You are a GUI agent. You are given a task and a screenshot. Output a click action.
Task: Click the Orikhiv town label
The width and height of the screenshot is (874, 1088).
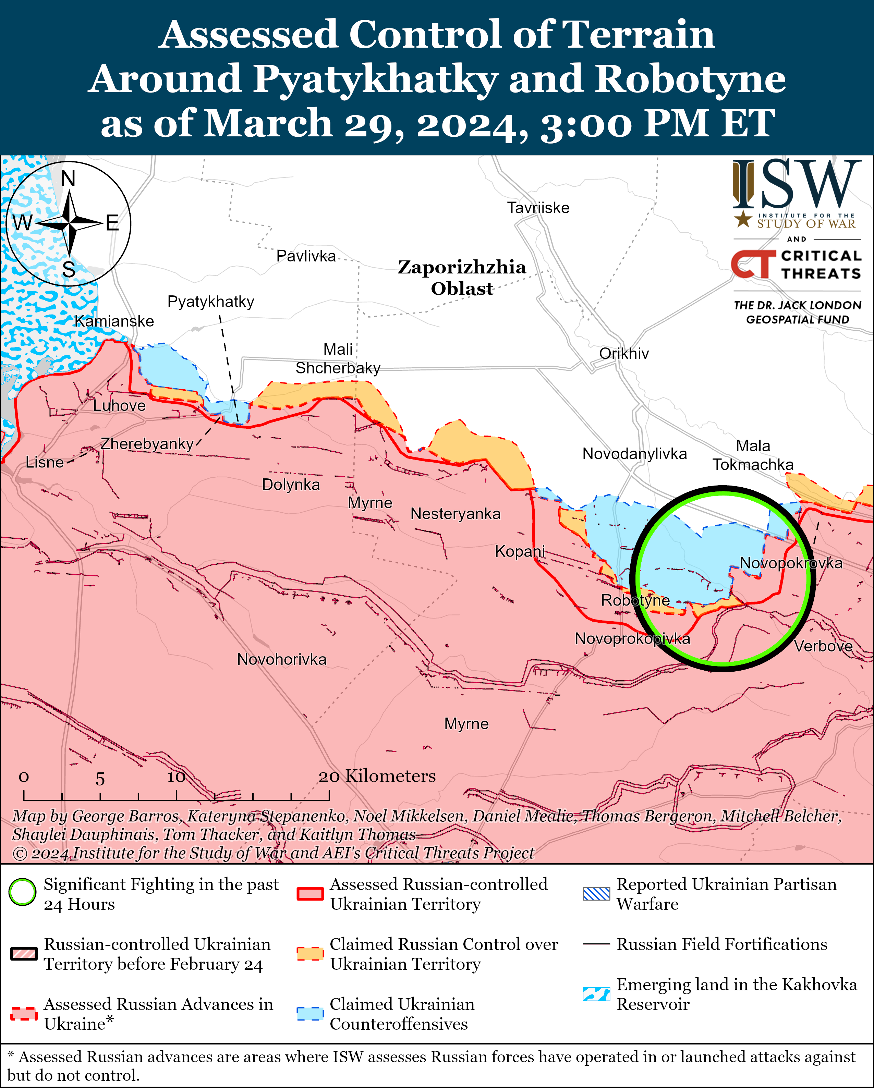(624, 354)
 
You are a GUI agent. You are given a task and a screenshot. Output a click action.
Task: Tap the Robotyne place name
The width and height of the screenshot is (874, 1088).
(635, 600)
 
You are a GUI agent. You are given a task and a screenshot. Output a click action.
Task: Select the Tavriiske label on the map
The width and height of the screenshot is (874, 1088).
(538, 208)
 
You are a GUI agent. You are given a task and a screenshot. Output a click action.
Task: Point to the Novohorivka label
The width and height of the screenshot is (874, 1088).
(282, 660)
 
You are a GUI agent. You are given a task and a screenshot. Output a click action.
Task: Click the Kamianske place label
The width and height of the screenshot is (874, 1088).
(114, 321)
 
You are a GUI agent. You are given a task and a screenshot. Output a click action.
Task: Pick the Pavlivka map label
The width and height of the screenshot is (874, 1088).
(306, 256)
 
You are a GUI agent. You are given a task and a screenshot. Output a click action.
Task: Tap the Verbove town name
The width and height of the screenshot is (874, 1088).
(823, 646)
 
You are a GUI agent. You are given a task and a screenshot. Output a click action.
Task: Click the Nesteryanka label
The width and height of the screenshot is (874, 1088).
(455, 514)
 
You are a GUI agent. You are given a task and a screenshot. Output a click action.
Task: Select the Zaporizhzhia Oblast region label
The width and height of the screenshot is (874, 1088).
(462, 278)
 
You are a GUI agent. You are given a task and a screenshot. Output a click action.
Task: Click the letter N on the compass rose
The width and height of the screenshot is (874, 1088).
(68, 179)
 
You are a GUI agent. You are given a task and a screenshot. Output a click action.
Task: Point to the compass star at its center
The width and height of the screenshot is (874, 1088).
(69, 222)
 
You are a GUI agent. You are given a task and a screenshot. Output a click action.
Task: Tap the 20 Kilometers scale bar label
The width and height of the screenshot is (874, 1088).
(377, 776)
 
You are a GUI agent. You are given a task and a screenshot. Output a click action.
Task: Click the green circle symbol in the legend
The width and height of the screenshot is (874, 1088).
(23, 892)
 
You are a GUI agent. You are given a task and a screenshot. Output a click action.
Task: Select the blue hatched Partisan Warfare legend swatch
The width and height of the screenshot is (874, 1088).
(596, 894)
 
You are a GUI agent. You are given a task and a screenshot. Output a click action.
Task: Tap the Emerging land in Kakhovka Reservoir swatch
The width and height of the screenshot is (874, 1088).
(596, 994)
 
